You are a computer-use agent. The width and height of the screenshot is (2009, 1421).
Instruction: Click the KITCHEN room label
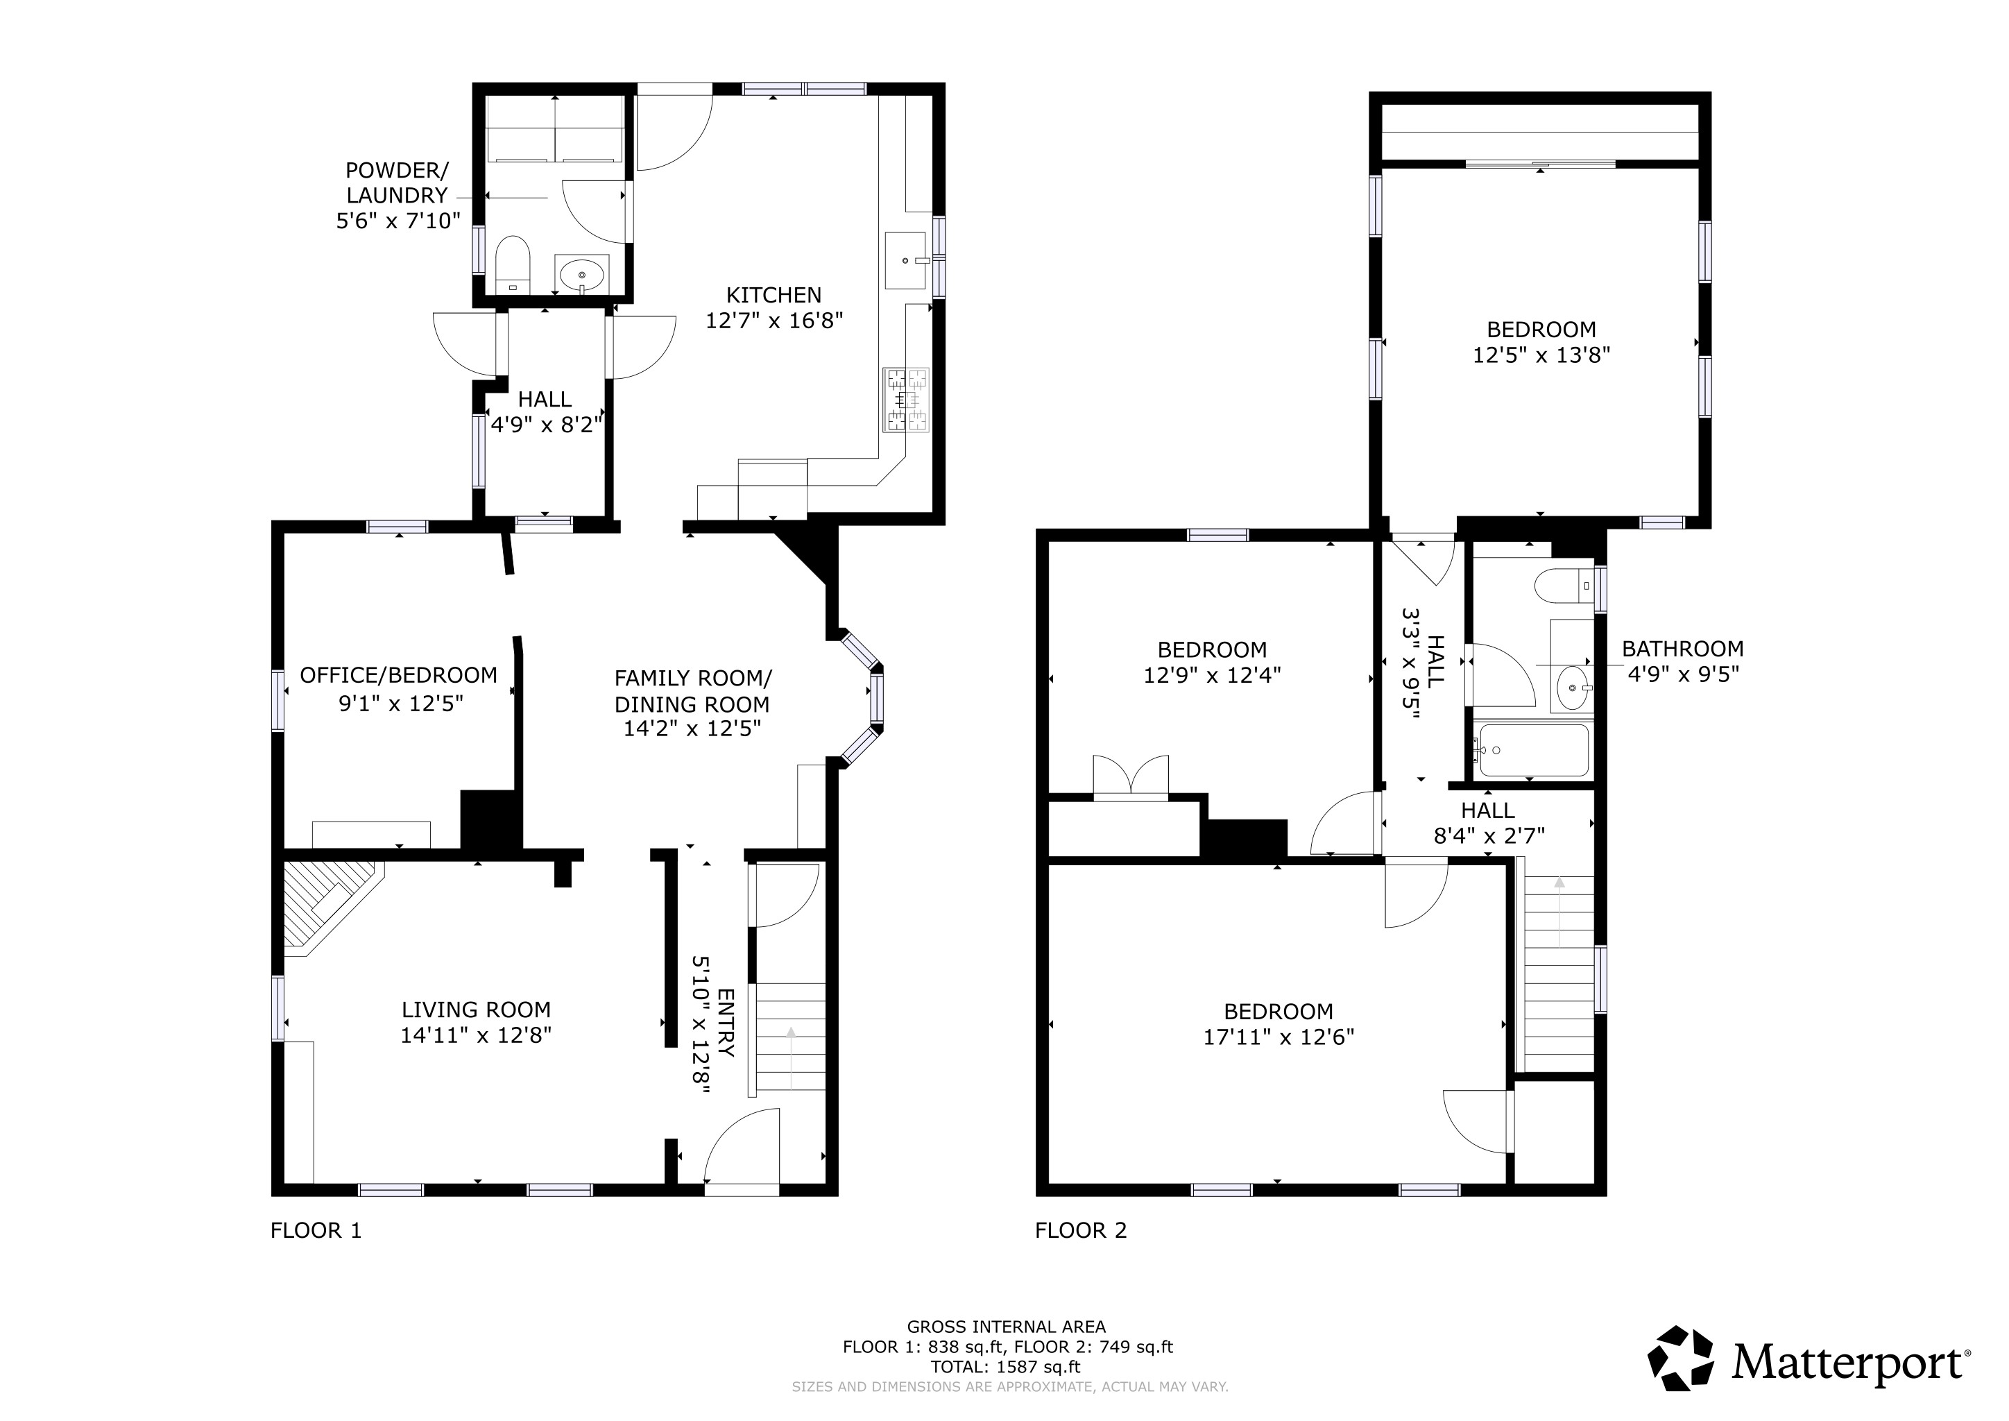(x=773, y=296)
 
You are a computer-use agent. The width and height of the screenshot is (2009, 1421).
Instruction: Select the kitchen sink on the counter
(x=905, y=260)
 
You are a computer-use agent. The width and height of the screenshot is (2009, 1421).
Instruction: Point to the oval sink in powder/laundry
(x=581, y=275)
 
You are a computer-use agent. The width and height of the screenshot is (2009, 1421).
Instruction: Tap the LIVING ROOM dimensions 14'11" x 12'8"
(x=476, y=1036)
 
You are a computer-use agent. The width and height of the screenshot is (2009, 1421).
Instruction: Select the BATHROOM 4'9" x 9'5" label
(x=1682, y=661)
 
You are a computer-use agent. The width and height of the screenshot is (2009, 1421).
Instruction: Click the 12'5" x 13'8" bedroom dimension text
(x=1541, y=355)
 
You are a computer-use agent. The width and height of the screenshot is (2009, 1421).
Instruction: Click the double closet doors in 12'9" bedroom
(x=1131, y=777)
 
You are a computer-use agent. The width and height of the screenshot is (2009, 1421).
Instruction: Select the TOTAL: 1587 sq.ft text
(x=1004, y=1367)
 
